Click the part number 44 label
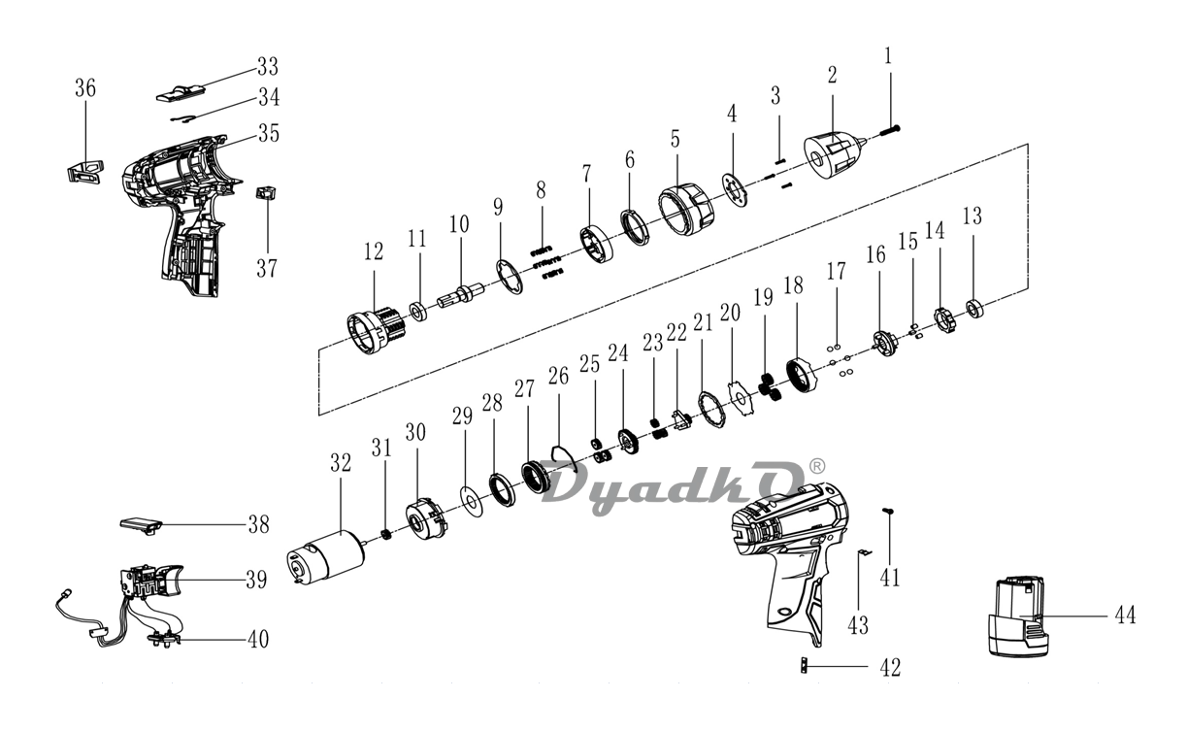pyautogui.click(x=1125, y=616)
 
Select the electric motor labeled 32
pyautogui.click(x=325, y=557)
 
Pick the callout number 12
pyautogui.click(x=374, y=251)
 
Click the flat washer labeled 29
pyautogui.click(x=471, y=500)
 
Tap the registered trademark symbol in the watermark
pyautogui.click(x=817, y=466)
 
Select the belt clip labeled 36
pyautogui.click(x=85, y=172)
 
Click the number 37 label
pyautogui.click(x=267, y=268)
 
